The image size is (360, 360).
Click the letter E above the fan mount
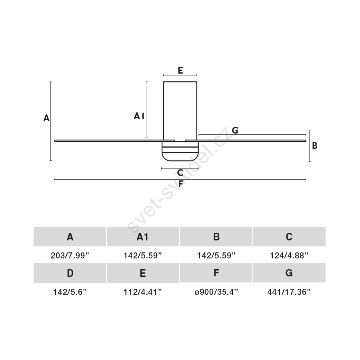(180, 70)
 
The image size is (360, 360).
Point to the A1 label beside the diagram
(139, 116)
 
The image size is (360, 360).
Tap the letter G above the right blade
(235, 130)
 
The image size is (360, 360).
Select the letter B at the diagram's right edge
(314, 146)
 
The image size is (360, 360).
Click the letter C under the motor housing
(180, 173)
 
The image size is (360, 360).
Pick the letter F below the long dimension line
(181, 184)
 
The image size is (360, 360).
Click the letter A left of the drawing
(46, 118)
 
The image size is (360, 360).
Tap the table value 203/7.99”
(70, 255)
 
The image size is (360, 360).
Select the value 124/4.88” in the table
(289, 255)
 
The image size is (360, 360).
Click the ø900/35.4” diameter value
(216, 292)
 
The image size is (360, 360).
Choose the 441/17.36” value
(289, 292)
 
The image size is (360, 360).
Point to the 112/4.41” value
(143, 292)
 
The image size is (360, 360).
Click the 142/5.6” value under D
(70, 292)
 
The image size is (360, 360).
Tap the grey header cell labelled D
(70, 273)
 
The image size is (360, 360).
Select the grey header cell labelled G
(289, 273)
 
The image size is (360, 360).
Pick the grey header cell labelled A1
(143, 237)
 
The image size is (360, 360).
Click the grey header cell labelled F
(216, 273)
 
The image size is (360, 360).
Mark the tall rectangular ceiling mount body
(180, 111)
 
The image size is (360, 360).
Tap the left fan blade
(114, 141)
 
